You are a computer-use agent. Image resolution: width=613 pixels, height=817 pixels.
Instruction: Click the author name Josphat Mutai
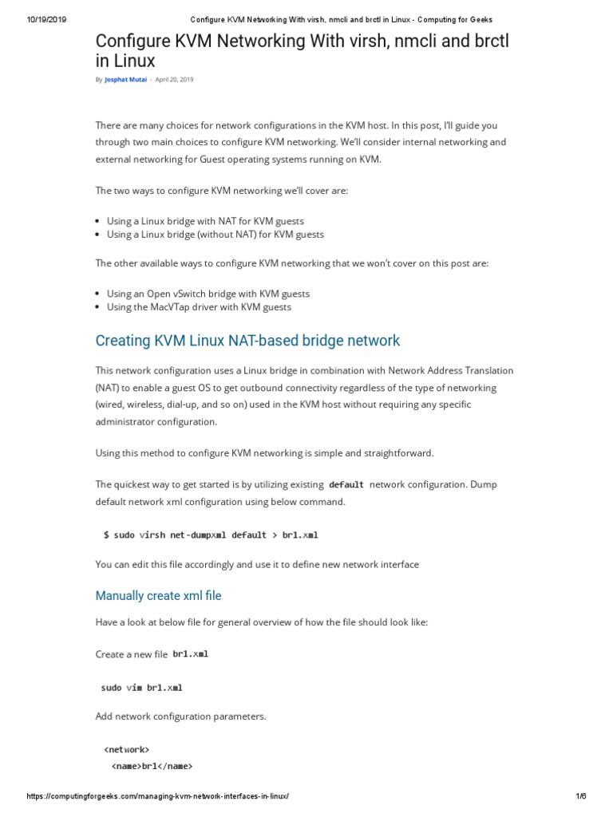126,80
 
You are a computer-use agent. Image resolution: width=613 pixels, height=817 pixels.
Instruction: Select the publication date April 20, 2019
174,80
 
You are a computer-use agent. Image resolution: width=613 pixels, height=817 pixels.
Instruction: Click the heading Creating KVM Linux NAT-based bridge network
247,341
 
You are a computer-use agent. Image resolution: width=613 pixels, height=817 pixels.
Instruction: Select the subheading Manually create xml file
158,596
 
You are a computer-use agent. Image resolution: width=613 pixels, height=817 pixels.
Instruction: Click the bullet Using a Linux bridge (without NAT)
215,235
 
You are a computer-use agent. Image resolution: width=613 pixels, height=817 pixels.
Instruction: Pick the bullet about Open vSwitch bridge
208,294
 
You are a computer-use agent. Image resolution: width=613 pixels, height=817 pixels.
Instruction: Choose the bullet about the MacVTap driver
199,307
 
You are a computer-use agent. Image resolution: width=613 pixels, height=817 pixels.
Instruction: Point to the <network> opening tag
126,750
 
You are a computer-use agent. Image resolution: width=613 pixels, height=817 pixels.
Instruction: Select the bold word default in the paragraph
346,485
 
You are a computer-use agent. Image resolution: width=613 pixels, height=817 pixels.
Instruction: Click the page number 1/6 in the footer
580,797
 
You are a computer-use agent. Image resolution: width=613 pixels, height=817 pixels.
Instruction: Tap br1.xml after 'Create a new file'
190,654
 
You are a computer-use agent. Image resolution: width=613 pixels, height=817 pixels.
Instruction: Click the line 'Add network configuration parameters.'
180,716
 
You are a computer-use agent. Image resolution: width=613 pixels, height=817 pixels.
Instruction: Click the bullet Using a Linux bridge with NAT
205,221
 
